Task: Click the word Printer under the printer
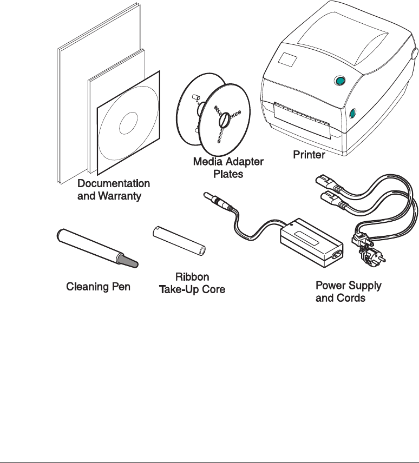[x=309, y=155]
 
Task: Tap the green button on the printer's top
[x=339, y=82]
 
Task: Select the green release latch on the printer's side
[x=352, y=113]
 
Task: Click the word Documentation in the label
[x=114, y=183]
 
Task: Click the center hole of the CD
[x=128, y=123]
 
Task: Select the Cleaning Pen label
[x=98, y=286]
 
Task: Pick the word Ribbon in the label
[x=192, y=276]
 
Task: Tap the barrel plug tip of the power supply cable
[x=207, y=196]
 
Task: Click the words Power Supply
[x=348, y=285]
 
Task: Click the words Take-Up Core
[x=192, y=290]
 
